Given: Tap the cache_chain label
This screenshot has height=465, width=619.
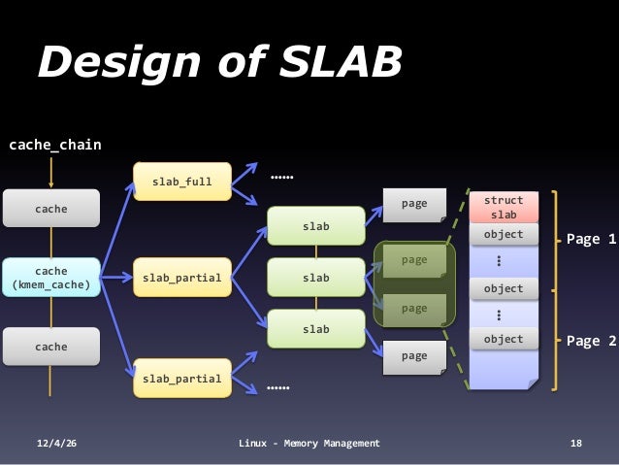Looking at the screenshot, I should tap(54, 146).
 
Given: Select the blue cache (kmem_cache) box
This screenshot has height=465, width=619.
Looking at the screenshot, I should tap(51, 278).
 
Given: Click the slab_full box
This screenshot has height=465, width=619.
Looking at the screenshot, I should tap(182, 182).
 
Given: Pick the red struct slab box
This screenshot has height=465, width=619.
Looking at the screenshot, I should tap(504, 207).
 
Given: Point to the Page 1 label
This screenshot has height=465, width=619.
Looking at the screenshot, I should tap(591, 238).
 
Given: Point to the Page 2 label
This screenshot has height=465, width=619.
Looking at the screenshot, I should tap(591, 341).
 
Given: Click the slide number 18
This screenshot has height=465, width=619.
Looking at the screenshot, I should tap(576, 444).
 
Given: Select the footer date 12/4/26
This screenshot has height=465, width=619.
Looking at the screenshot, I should tap(57, 444).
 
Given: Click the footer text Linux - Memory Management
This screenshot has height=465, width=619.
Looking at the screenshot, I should tap(309, 444).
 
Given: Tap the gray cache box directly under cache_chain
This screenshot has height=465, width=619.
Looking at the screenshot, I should tap(51, 208).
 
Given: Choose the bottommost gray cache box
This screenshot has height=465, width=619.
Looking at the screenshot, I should tap(51, 347).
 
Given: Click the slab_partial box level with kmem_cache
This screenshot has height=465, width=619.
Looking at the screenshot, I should tap(182, 278).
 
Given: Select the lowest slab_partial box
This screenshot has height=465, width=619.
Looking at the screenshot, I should tap(182, 378).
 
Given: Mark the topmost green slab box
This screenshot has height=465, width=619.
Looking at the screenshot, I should tap(315, 226).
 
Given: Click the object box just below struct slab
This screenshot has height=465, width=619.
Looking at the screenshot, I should tap(504, 235).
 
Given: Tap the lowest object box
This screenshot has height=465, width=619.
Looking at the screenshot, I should tap(504, 339).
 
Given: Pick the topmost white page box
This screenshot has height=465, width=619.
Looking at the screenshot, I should tap(414, 205).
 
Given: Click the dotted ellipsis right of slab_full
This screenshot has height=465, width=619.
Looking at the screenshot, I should tap(281, 179).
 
